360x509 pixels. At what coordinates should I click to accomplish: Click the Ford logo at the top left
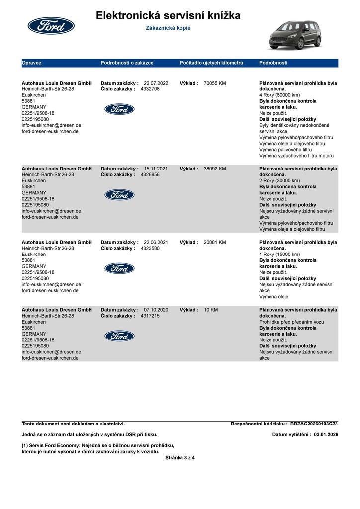(51, 25)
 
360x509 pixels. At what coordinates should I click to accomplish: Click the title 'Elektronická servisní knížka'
(168, 16)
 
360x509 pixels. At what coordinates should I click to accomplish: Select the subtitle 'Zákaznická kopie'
(168, 28)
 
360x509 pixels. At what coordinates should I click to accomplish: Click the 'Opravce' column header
(31, 63)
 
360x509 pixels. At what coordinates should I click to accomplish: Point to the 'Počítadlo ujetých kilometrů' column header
(211, 63)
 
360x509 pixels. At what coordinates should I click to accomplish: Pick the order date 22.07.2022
(156, 83)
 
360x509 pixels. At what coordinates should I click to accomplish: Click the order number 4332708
(150, 89)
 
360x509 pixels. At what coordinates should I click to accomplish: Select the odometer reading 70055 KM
(215, 83)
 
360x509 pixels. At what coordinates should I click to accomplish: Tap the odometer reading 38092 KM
(215, 169)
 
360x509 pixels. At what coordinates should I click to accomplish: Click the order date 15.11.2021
(156, 169)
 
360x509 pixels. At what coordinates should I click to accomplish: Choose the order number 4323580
(150, 248)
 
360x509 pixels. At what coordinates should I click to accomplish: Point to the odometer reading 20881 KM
(215, 242)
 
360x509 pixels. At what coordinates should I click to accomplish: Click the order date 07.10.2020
(156, 310)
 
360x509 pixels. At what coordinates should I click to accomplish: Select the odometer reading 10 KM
(211, 310)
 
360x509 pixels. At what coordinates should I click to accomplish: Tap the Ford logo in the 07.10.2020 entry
(119, 336)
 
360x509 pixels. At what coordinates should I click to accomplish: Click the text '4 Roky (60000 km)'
(279, 95)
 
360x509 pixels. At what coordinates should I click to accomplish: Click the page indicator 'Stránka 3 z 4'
(180, 457)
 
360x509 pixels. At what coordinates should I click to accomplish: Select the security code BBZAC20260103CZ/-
(314, 424)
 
